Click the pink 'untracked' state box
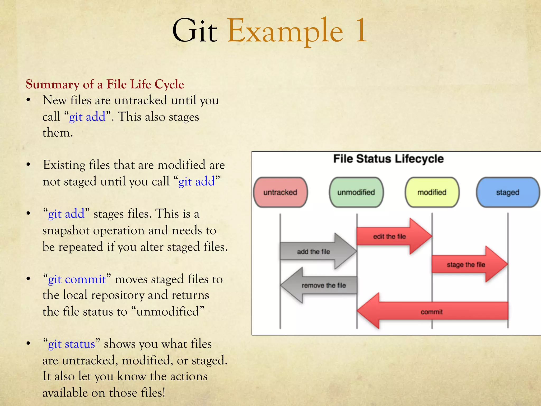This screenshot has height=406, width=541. coord(280,192)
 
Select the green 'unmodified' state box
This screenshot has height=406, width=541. coord(356,192)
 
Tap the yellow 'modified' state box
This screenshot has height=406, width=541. coord(432,192)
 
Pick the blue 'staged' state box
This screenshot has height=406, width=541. coord(507,192)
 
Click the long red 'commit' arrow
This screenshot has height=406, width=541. coord(432,312)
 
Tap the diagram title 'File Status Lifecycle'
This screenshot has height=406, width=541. coord(388,159)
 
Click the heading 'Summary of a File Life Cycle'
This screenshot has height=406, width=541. coord(105,84)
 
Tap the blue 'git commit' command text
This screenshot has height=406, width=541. coord(77,279)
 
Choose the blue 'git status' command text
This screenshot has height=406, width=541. coord(71,344)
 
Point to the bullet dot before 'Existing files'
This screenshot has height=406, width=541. coord(29,165)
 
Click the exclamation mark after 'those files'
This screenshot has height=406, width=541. coord(164,393)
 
